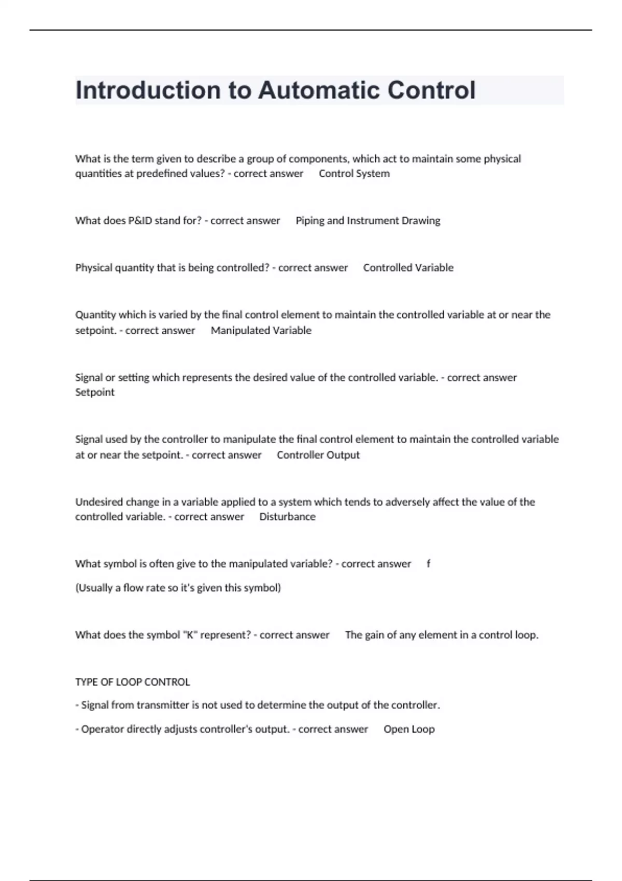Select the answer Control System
point(354,174)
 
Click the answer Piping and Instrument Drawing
point(367,221)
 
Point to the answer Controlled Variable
point(408,268)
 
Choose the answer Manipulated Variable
point(261,331)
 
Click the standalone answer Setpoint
point(95,392)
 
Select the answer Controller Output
point(318,455)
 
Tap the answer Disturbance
point(287,517)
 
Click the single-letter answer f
point(428,564)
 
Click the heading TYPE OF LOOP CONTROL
point(133,682)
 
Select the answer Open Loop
point(409,729)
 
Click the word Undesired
point(98,502)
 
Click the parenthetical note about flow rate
point(178,588)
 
